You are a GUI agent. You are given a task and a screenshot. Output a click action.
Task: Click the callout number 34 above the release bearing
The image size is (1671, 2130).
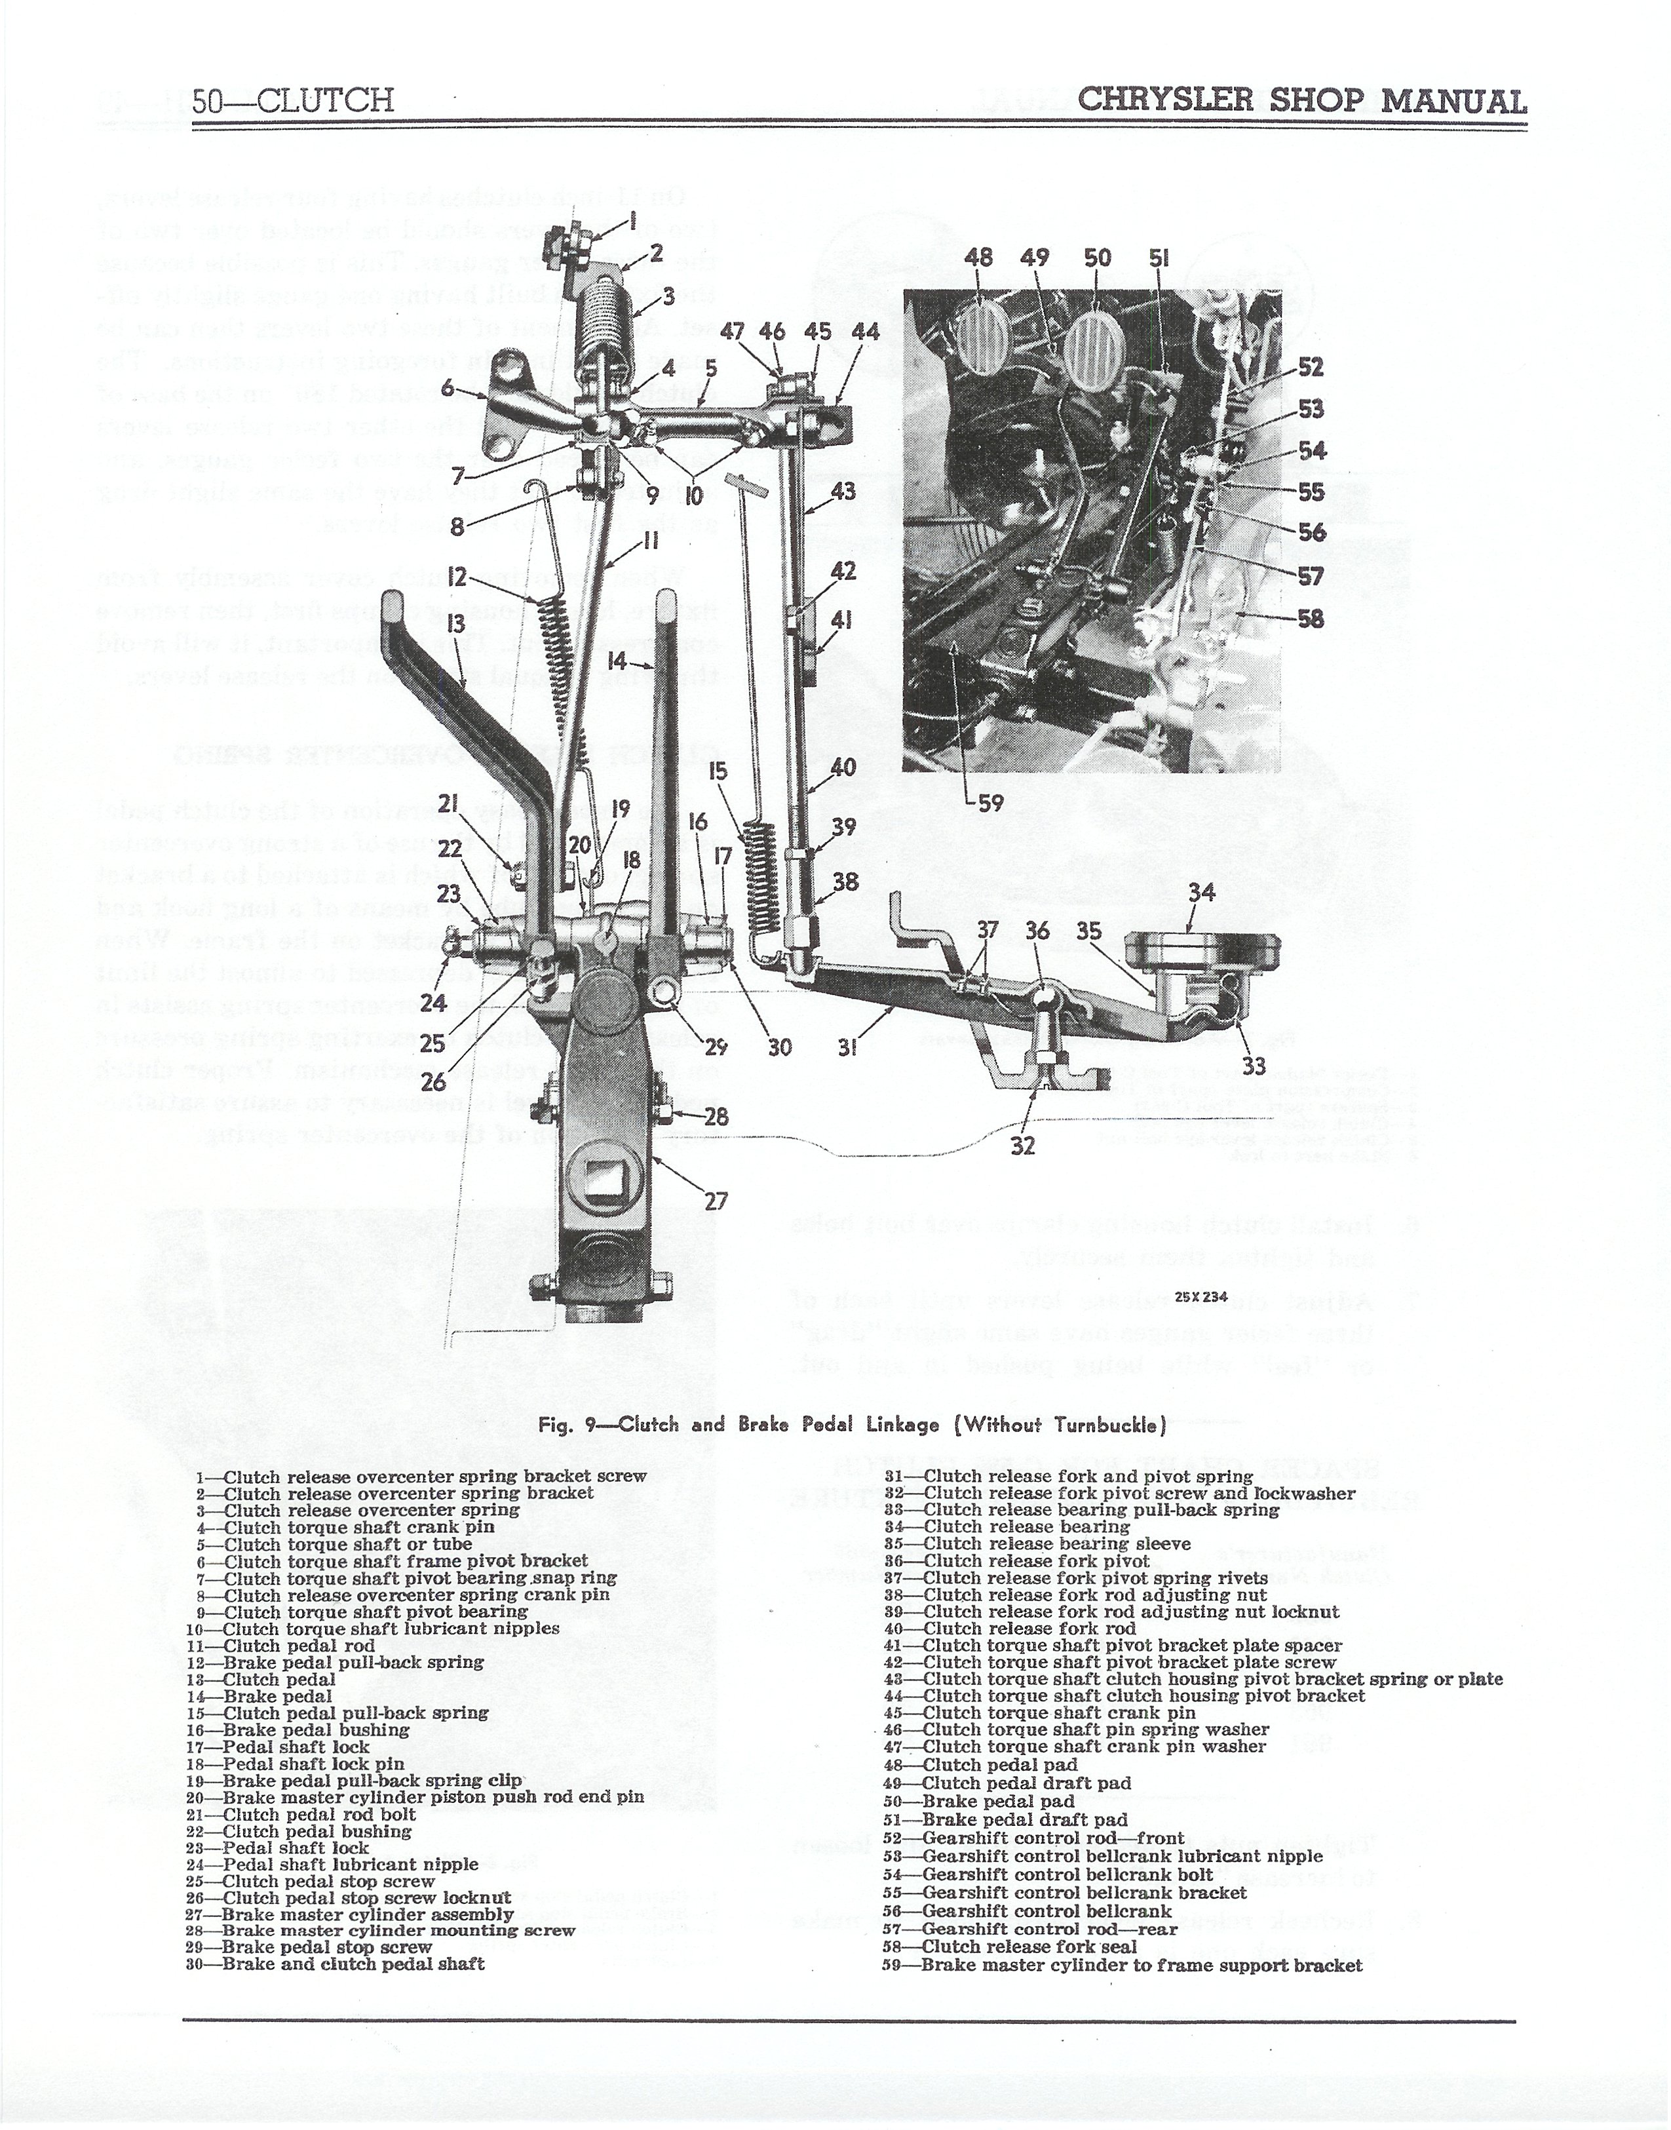click(1201, 893)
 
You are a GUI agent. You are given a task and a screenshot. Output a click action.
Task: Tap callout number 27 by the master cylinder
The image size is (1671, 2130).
click(716, 1201)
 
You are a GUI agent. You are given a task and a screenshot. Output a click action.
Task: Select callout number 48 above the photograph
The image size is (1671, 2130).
click(978, 258)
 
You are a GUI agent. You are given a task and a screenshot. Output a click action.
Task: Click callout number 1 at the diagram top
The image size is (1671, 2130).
click(633, 221)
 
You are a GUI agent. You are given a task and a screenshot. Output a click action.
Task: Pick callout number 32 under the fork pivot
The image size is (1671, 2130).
click(1022, 1145)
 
